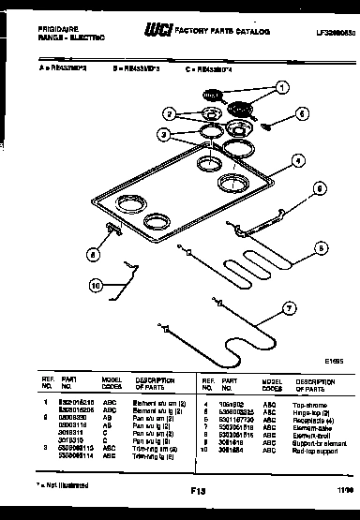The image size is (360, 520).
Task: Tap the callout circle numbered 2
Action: coord(169,114)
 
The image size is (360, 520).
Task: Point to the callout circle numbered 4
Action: coord(296,160)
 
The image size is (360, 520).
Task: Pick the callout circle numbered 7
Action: coord(289,305)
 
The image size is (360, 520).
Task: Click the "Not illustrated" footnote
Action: coord(63,484)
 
